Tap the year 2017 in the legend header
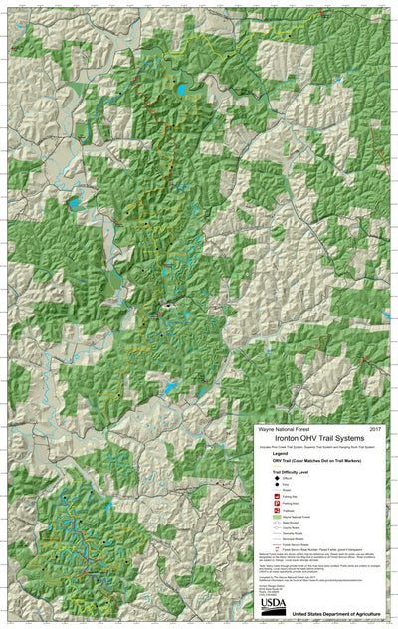[x=376, y=428]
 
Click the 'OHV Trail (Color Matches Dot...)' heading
[x=315, y=462]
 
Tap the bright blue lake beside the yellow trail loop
[x=182, y=92]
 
